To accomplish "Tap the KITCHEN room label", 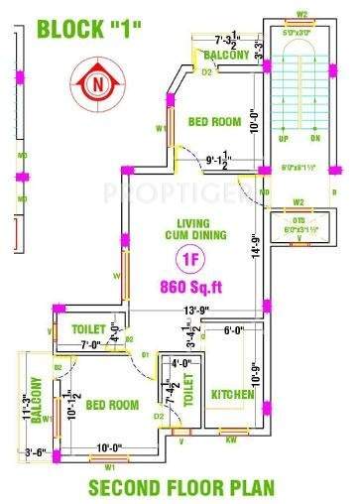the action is [x=232, y=395].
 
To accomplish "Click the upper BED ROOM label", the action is [x=214, y=122].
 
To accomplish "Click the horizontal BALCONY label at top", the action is [x=226, y=57].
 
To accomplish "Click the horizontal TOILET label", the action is [x=90, y=328].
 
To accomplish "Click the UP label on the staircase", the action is [x=284, y=139].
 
